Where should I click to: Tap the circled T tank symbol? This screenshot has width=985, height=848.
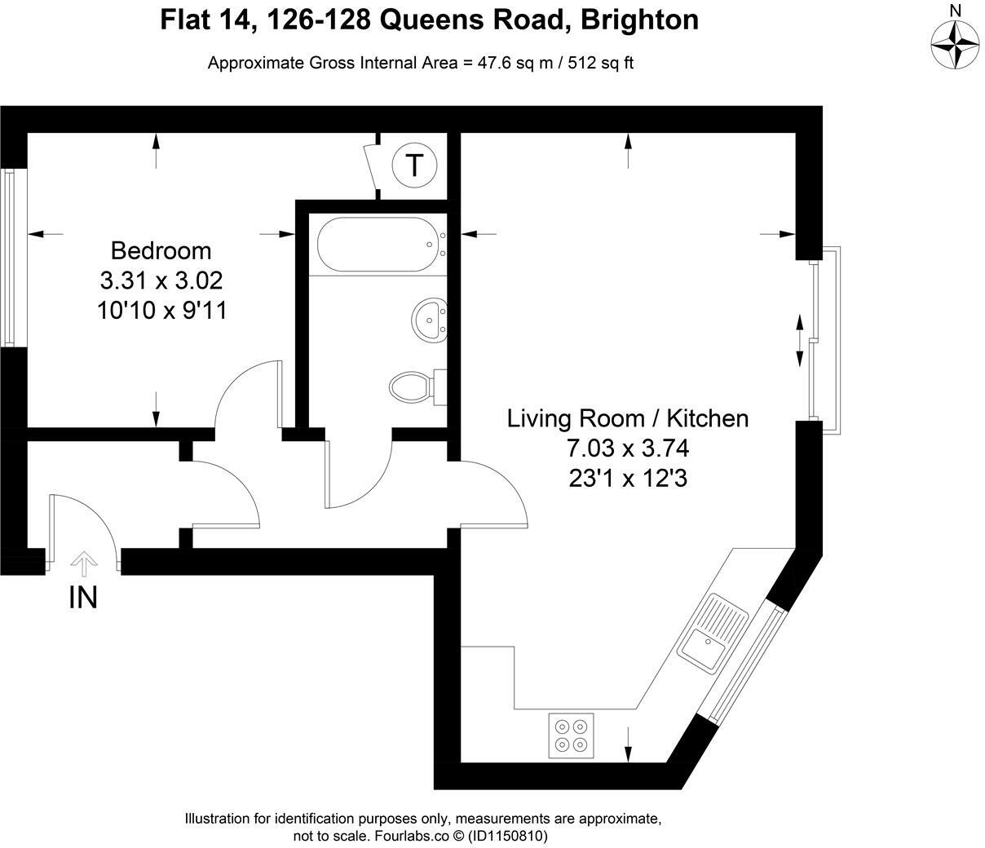[414, 166]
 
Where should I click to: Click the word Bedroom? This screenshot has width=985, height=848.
[161, 250]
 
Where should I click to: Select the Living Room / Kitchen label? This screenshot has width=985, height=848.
[627, 418]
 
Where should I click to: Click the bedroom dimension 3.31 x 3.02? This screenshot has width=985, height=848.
[161, 280]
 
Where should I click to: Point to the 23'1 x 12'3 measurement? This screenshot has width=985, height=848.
[627, 479]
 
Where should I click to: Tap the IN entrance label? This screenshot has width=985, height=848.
[83, 598]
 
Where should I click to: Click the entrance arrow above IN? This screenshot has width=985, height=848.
[83, 563]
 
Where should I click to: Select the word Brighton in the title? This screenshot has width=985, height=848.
[638, 19]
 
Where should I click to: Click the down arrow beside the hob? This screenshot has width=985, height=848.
[629, 744]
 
